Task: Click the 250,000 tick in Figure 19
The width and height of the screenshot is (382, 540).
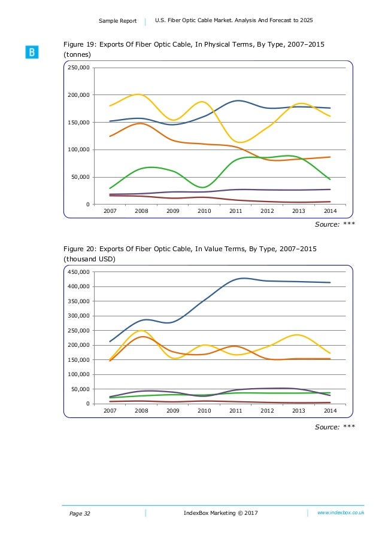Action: pyautogui.click(x=80, y=68)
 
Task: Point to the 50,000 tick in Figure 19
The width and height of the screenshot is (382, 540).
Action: pyautogui.click(x=81, y=178)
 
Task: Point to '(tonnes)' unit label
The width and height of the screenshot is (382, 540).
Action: pyautogui.click(x=78, y=54)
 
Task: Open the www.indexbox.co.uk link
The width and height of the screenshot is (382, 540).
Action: pyautogui.click(x=341, y=513)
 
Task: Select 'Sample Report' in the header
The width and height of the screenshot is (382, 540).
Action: pyautogui.click(x=117, y=22)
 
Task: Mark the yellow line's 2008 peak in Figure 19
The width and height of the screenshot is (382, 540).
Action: pyautogui.click(x=138, y=94)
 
